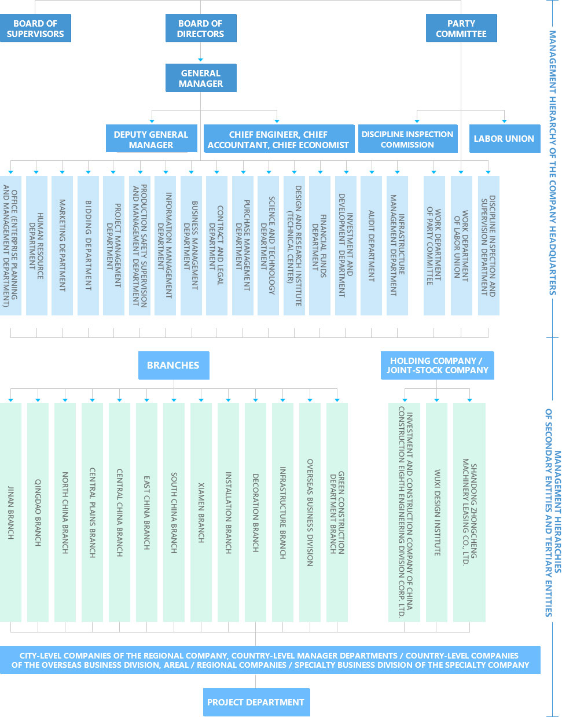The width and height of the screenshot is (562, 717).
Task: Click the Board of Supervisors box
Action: coord(35,28)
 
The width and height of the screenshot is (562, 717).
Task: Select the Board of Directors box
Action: coord(200,28)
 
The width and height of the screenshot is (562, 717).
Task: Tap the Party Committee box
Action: coord(461,28)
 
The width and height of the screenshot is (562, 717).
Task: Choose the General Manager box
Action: coord(200,78)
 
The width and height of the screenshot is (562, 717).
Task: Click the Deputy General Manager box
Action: coord(151,139)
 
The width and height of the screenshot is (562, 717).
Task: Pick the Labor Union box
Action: coord(504,139)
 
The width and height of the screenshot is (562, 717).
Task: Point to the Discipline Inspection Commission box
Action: coord(407,139)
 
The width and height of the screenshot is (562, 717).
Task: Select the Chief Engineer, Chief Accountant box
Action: coord(278,139)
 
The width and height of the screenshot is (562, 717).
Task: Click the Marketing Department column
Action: coord(62,245)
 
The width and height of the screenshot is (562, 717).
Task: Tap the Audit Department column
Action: coord(371,245)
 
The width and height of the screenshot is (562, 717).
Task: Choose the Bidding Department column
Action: coord(88,245)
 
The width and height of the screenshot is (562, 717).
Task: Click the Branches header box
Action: coord(173,365)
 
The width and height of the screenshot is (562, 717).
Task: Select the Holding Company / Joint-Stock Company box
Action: coord(437,365)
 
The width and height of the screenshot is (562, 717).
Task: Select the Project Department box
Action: coord(256,702)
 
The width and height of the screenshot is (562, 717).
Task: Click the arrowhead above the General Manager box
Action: coord(200,60)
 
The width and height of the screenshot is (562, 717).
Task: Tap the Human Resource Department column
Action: coord(36,245)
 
